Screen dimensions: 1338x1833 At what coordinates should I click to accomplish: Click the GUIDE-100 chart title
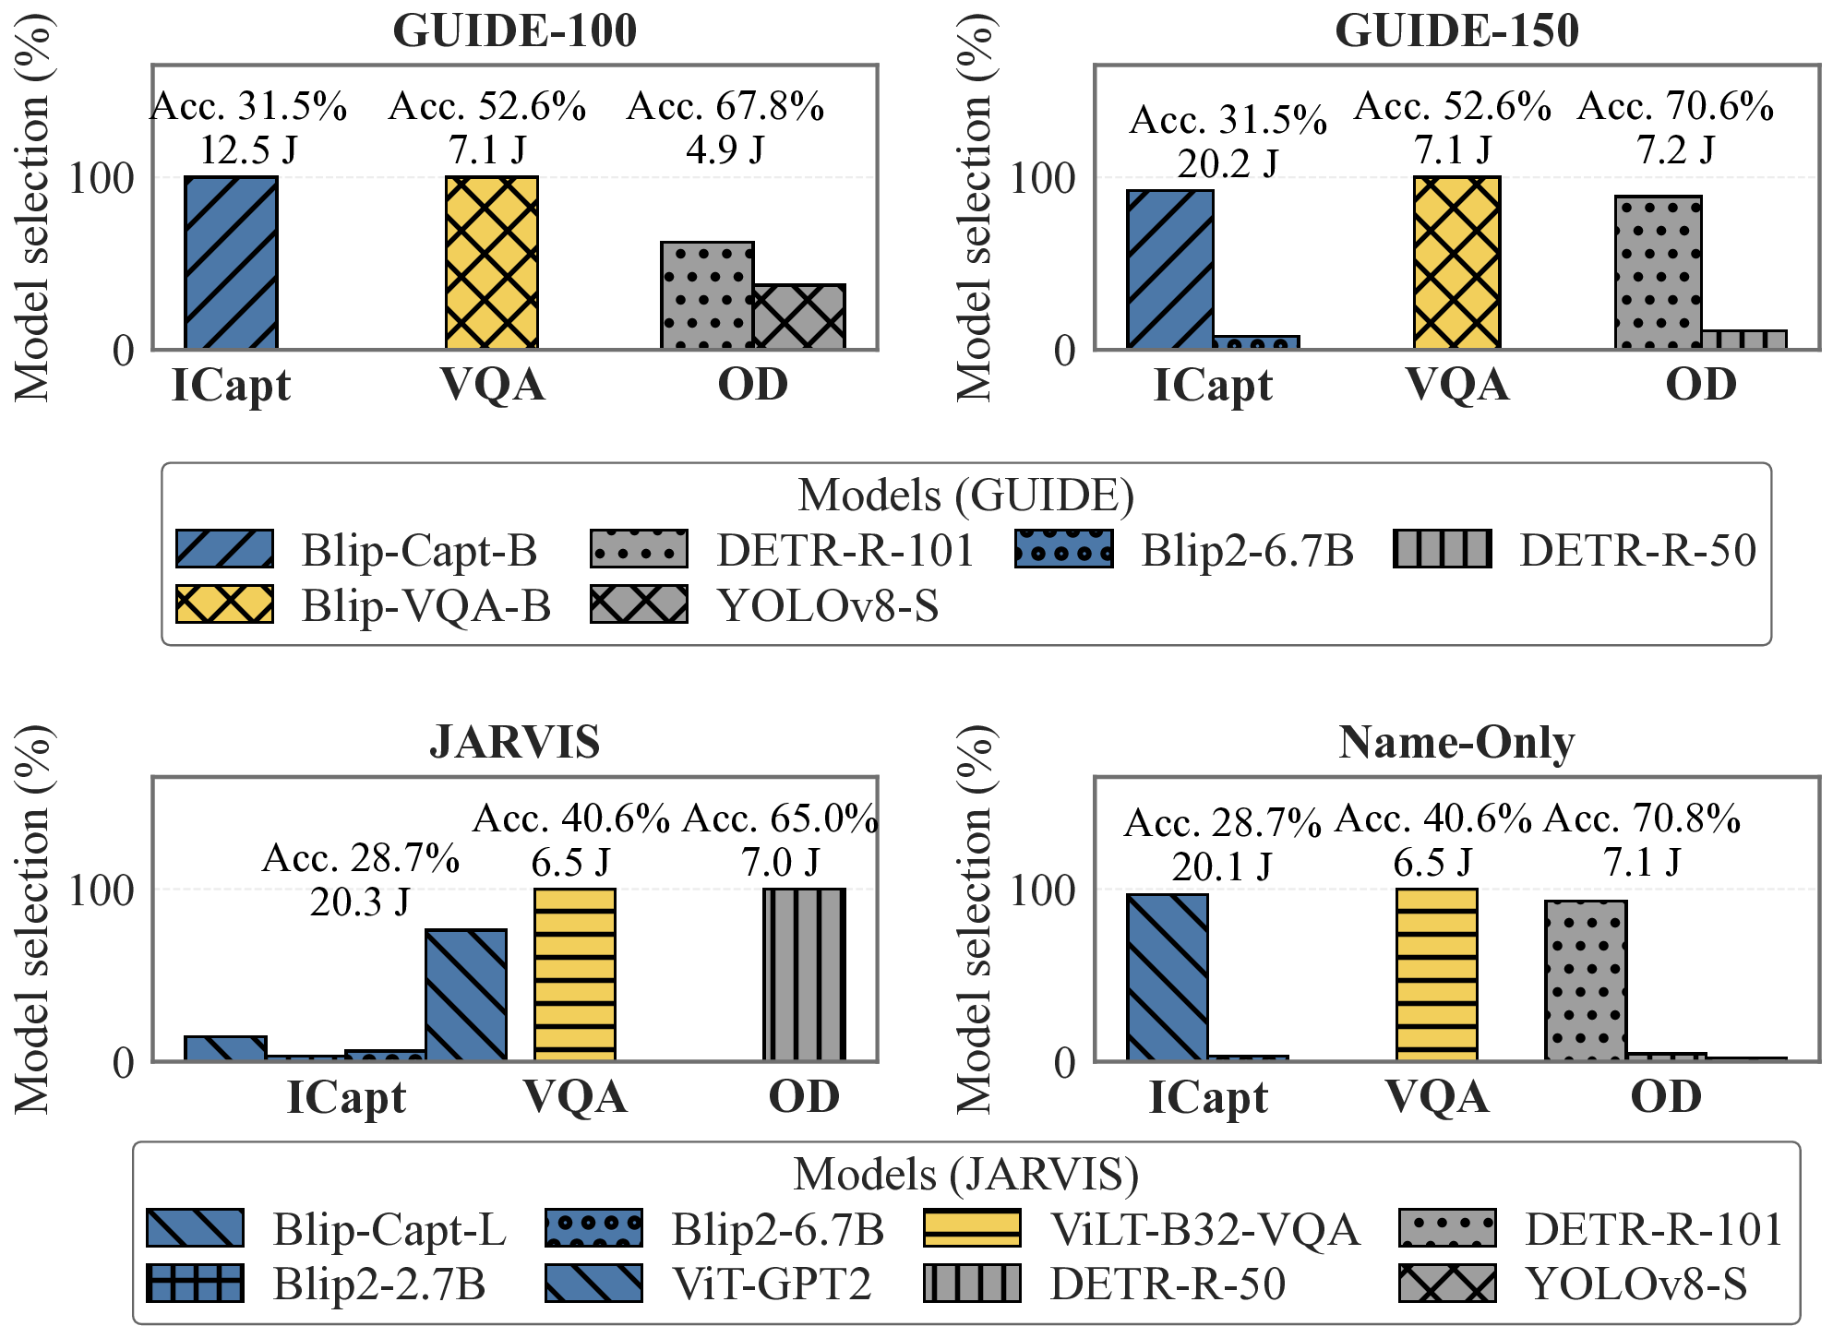coord(514,30)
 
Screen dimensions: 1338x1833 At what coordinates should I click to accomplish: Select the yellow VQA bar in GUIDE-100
coord(492,262)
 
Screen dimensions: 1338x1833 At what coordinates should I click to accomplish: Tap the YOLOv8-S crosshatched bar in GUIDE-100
coord(799,317)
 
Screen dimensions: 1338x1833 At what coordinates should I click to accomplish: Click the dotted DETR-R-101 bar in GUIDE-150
coord(1658,272)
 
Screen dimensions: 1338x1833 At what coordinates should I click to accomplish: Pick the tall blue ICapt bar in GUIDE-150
coord(1169,269)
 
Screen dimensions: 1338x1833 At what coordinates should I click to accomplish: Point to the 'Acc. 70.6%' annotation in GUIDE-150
coord(1675,107)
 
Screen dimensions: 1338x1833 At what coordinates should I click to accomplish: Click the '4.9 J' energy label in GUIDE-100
coord(725,149)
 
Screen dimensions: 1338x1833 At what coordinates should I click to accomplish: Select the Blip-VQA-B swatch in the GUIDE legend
coord(224,604)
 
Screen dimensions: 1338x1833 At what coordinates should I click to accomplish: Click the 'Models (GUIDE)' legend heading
coord(965,496)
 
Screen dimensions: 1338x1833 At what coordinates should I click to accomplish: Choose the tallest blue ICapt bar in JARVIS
coord(465,995)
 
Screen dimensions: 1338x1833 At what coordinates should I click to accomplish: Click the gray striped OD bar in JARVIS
coord(804,974)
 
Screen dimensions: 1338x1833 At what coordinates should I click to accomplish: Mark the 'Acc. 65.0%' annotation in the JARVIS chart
coord(780,819)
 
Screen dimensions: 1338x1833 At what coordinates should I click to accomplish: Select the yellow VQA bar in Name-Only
coord(1436,974)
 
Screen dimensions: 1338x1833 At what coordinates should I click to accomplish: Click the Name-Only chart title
coord(1456,743)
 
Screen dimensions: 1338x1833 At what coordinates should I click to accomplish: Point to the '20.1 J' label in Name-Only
coord(1222,867)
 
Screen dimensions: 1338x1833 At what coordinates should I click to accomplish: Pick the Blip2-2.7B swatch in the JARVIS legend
coord(195,1284)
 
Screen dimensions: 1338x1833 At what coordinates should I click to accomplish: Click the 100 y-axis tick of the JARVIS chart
coord(101,890)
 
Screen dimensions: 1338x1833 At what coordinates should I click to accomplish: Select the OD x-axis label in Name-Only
coord(1666,1097)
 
